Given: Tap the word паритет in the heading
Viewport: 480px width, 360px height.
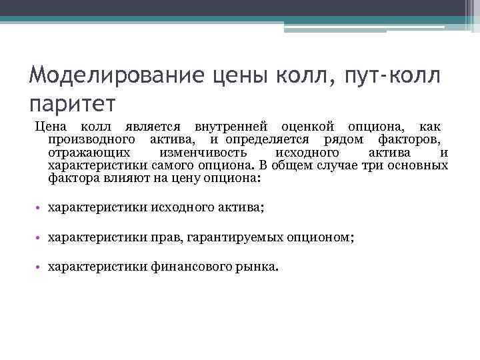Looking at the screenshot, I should pos(73,103).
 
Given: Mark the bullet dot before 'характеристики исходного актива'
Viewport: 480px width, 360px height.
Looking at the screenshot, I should pos(40,209).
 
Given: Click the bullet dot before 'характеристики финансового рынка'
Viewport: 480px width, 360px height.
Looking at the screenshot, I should pos(40,267).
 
